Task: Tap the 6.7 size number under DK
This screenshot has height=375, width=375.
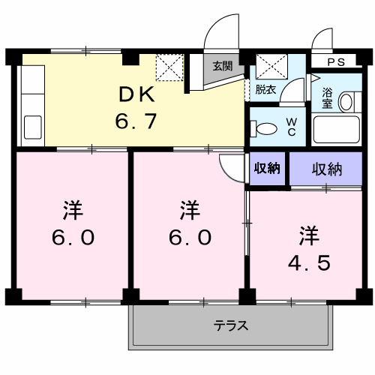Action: [135, 120]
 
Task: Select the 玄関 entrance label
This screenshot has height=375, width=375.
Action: [221, 66]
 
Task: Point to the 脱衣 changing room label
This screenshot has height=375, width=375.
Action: [264, 89]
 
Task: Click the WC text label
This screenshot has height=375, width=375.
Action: [292, 127]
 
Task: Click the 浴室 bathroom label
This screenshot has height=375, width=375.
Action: [328, 97]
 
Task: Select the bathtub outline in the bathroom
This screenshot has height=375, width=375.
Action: [338, 130]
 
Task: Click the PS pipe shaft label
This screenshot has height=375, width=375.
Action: [336, 62]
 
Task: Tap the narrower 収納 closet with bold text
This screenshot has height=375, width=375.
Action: [267, 168]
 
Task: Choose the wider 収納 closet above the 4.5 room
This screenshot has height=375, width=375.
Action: [327, 169]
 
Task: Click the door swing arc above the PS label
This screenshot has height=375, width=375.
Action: [322, 40]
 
